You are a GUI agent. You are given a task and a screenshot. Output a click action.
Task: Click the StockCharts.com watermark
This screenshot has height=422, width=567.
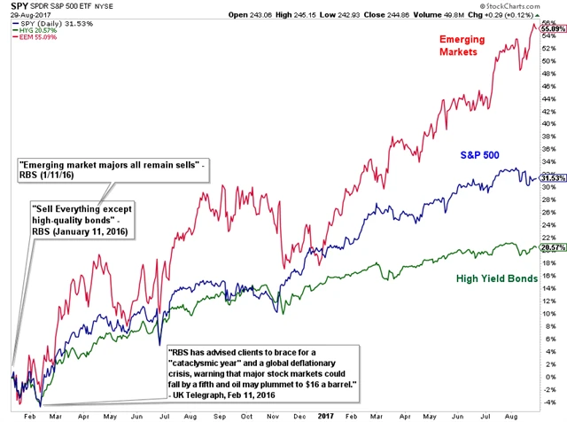[x=531, y=6]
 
